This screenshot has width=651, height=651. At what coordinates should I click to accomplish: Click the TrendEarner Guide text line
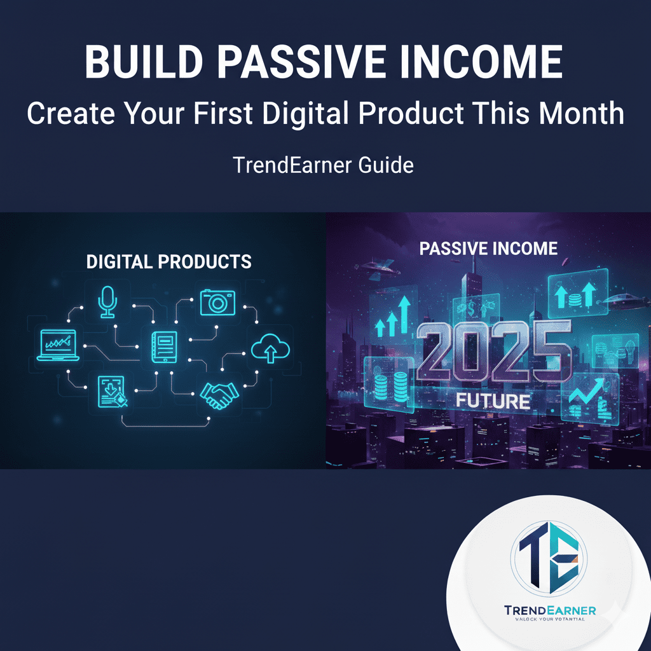[323, 165]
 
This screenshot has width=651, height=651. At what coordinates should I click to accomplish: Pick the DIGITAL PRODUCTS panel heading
[168, 261]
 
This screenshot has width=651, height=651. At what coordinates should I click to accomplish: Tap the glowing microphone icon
[107, 301]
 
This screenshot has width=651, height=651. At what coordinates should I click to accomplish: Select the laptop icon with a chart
[57, 346]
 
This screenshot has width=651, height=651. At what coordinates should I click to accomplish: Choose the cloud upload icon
[270, 348]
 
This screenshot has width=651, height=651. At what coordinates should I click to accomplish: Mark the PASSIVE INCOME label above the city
[488, 249]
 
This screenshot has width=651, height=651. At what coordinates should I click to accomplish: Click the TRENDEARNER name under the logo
[550, 611]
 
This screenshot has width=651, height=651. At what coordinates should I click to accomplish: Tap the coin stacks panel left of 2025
[388, 381]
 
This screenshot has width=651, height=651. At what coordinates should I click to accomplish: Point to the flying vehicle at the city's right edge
[622, 301]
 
